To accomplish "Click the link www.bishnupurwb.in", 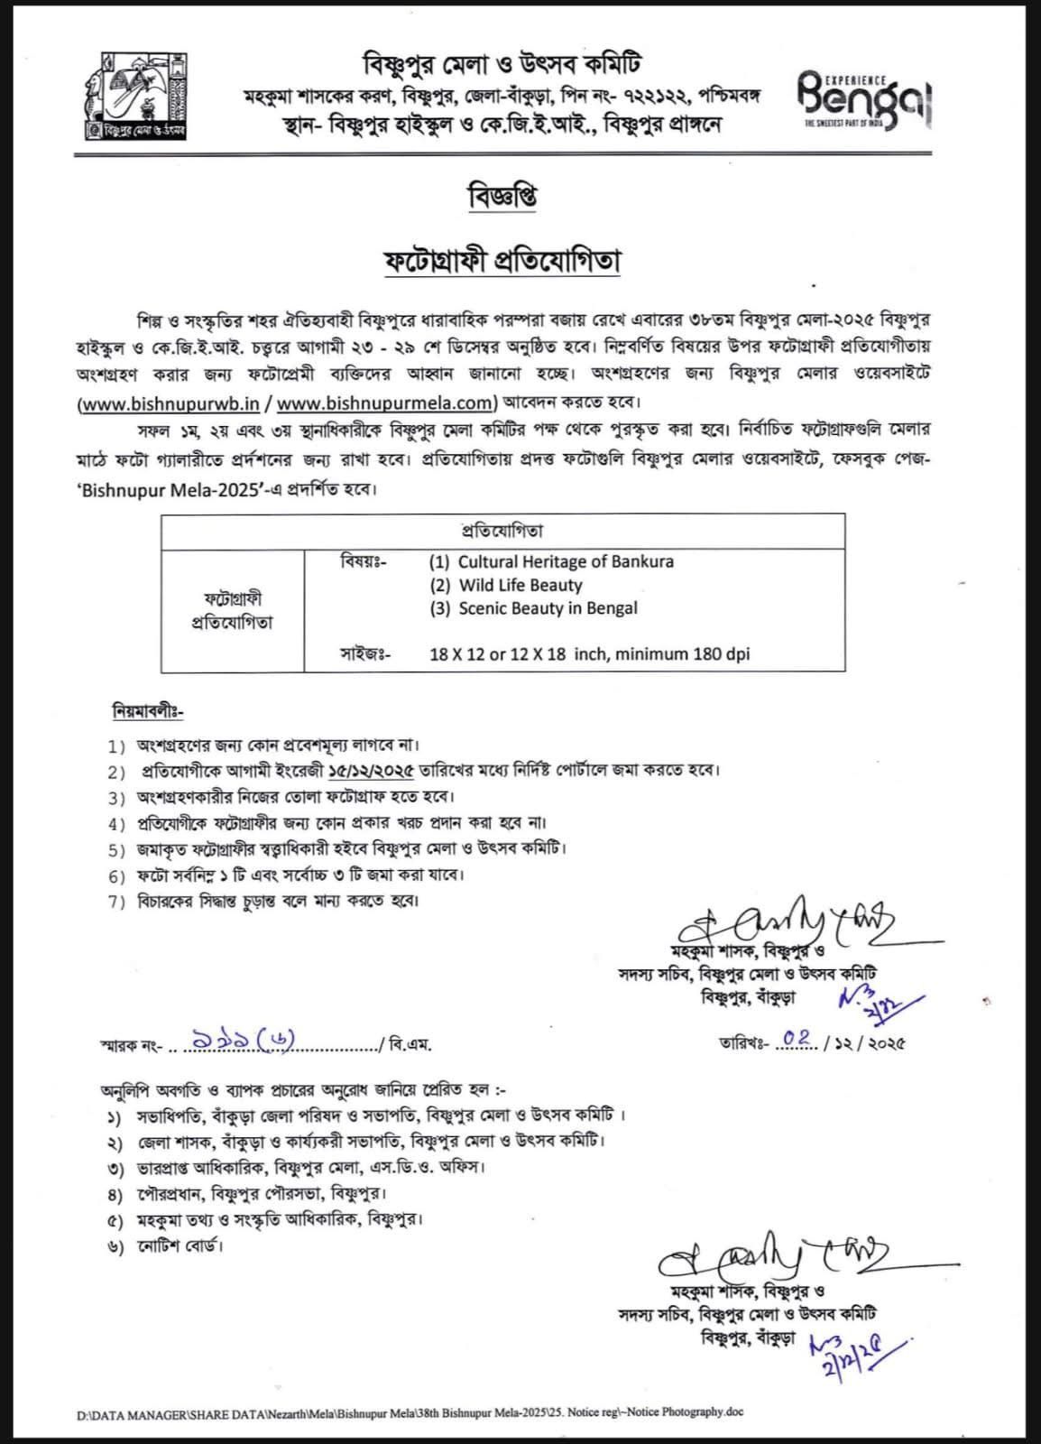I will (170, 403).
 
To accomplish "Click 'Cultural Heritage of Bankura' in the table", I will (566, 561).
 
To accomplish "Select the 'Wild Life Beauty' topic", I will (520, 585).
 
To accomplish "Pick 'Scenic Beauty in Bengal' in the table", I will (548, 608).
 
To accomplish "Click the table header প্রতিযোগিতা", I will (502, 531).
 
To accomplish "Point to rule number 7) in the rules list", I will (117, 901).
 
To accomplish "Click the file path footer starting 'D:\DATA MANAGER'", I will (410, 1412).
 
